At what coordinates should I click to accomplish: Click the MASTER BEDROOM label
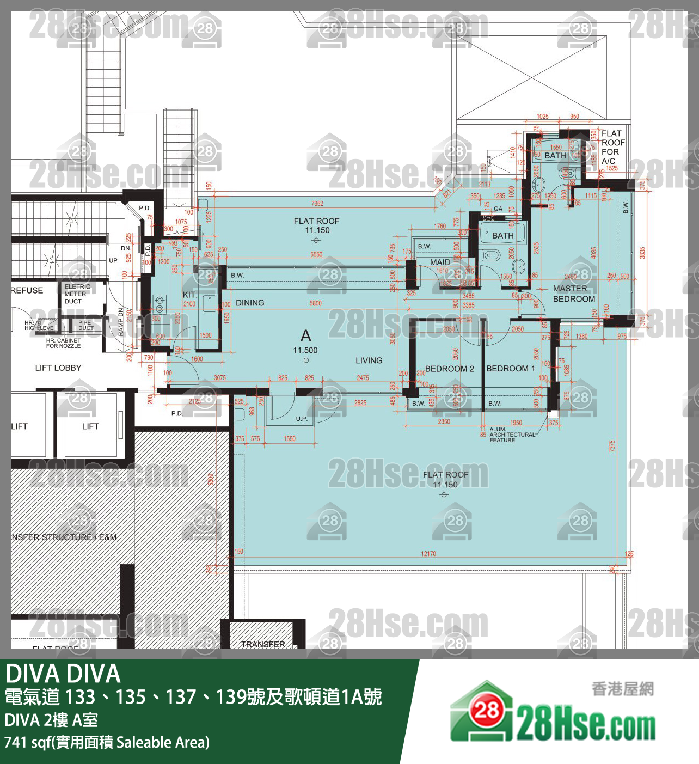[x=574, y=294]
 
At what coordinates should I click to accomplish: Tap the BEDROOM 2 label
[x=449, y=369]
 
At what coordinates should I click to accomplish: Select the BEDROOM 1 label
[x=510, y=369]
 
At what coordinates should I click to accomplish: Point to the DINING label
[x=250, y=303]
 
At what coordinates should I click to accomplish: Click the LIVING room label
[x=369, y=360]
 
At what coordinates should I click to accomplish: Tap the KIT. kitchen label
[x=189, y=295]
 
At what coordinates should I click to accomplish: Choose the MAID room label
[x=440, y=262]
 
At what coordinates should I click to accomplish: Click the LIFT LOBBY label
[x=58, y=368]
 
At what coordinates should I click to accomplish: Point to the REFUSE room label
[x=27, y=290]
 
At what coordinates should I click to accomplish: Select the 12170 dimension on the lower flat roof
[x=428, y=554]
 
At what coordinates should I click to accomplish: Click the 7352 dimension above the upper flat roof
[x=317, y=204]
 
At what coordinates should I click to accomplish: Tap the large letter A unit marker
[x=306, y=336]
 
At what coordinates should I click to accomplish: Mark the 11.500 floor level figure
[x=305, y=350]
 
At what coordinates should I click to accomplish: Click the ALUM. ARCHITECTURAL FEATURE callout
[x=512, y=435]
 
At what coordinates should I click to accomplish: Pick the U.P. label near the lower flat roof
[x=302, y=419]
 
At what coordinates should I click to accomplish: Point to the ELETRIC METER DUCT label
[x=77, y=294]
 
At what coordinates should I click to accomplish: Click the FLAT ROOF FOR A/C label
[x=612, y=147]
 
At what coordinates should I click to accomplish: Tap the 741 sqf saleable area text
[x=107, y=742]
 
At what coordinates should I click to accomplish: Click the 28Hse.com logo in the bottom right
[x=553, y=713]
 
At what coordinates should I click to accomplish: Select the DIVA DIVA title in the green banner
[x=63, y=674]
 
